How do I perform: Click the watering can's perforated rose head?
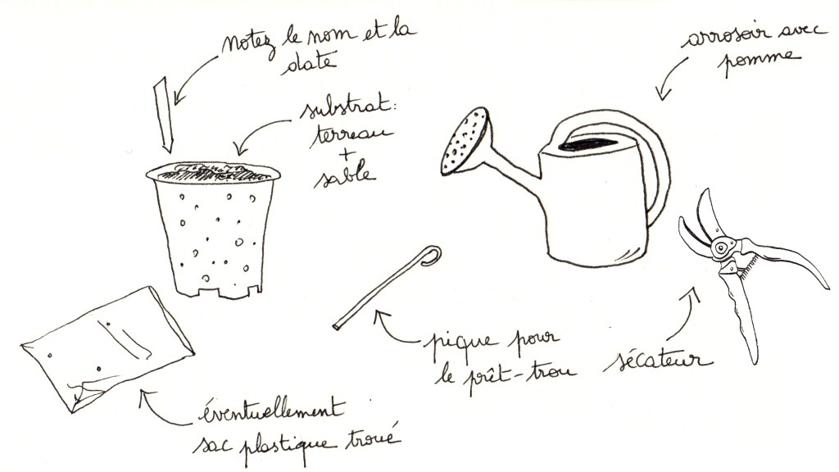(x=465, y=141)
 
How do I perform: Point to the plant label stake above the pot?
(x=164, y=114)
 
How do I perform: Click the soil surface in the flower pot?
(x=213, y=172)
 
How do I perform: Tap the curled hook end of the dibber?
(x=431, y=256)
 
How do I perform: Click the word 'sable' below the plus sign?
(x=344, y=176)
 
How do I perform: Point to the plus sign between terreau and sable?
(x=346, y=154)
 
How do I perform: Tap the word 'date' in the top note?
(x=309, y=62)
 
